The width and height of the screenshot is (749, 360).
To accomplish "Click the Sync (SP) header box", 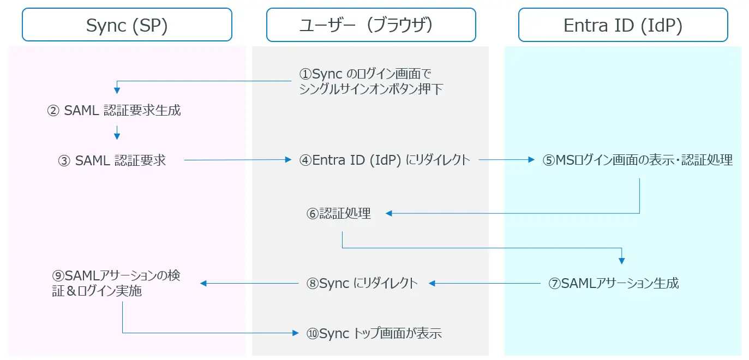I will click(x=127, y=25).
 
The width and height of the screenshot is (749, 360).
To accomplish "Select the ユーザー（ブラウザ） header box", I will click(x=371, y=25).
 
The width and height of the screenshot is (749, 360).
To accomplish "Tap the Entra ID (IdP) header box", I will click(x=622, y=25).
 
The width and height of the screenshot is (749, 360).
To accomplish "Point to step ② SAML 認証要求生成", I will click(x=114, y=111).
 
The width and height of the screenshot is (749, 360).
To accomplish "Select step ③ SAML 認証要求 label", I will click(x=112, y=160).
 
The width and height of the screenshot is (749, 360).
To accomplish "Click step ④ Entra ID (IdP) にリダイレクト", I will click(x=385, y=160).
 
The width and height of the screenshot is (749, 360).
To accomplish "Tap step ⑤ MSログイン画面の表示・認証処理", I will click(x=638, y=160).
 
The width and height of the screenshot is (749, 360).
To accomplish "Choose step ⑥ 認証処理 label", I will click(x=339, y=214).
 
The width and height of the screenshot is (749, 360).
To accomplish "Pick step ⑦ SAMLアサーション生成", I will click(x=614, y=283).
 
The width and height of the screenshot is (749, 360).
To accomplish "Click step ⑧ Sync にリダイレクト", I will click(x=362, y=283).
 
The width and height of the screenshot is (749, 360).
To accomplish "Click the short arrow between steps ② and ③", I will click(x=117, y=133).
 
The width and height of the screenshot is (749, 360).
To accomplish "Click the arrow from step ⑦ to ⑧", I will click(x=486, y=283).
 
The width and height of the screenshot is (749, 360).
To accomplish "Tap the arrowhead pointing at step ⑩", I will click(x=296, y=333).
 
